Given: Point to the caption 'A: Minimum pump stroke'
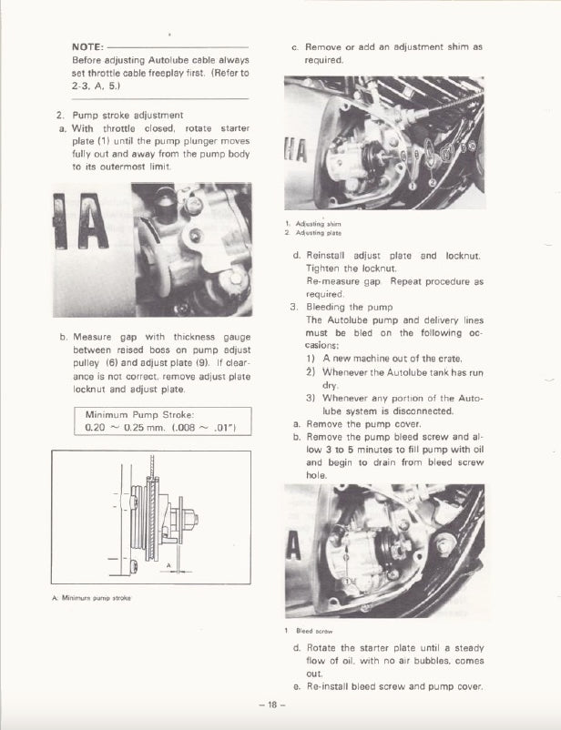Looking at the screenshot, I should (92, 597).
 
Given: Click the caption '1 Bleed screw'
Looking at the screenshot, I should (310, 630).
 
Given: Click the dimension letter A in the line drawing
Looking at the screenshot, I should (168, 564).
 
